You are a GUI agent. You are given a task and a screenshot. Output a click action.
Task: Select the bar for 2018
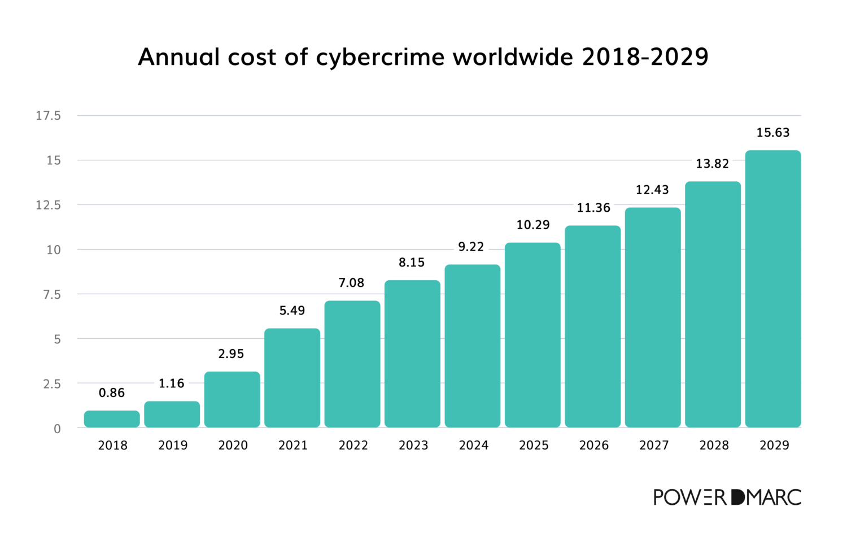(x=112, y=419)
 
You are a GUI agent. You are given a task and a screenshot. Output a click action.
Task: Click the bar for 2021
(x=292, y=378)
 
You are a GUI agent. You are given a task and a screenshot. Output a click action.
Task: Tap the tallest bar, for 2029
(x=773, y=289)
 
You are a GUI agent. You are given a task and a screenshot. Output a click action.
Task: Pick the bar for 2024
(x=473, y=346)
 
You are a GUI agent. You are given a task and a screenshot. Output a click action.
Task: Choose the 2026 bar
(x=593, y=326)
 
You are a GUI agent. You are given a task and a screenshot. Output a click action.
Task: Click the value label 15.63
(x=773, y=133)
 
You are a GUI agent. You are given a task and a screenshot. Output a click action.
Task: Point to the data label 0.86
(x=112, y=393)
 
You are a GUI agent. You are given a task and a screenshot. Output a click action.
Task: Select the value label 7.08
(x=351, y=283)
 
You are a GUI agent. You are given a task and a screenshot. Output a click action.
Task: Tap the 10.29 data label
(x=533, y=225)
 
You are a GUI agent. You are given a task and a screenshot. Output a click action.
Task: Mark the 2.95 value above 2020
(x=231, y=354)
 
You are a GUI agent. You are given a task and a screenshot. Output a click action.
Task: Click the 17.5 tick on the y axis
(x=48, y=116)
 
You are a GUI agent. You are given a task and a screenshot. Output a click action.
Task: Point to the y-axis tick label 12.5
(x=48, y=205)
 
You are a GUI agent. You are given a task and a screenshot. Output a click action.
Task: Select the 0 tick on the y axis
(x=57, y=429)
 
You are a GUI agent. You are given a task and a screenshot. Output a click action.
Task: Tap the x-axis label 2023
(x=413, y=446)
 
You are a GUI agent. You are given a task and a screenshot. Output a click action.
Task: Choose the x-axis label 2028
(x=714, y=446)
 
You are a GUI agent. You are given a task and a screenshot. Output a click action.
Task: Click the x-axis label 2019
(x=173, y=446)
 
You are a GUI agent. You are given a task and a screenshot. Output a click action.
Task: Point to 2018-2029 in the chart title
(x=644, y=57)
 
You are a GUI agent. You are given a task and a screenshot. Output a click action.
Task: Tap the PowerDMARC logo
(x=727, y=497)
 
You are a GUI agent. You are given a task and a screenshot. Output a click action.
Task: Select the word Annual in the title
(x=178, y=57)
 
